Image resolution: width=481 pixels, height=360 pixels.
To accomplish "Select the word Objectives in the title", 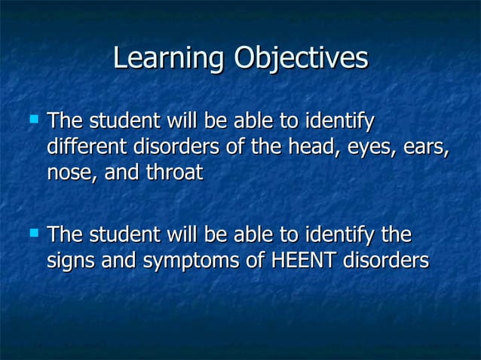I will tap(301, 59).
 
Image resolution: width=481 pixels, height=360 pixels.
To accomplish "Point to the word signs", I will tap(73, 261).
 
